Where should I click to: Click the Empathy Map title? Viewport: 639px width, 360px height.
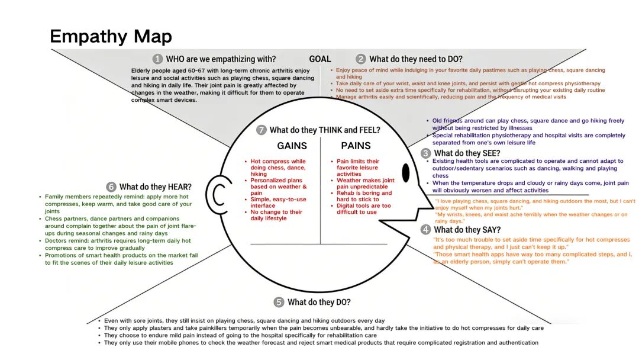click(111, 36)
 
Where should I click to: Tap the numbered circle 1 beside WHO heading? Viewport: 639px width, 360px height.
click(157, 59)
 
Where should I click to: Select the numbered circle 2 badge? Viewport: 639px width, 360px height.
click(361, 59)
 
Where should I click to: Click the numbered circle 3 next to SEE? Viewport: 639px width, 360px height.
click(425, 153)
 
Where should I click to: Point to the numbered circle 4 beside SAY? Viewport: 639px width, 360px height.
click(425, 230)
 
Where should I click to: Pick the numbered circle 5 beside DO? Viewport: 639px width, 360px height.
click(279, 302)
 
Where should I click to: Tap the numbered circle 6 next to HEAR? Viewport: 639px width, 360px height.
click(111, 187)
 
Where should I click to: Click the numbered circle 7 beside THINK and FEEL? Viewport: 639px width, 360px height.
click(262, 130)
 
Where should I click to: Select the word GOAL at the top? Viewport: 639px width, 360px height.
click(320, 59)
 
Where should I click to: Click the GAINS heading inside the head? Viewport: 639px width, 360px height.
click(292, 146)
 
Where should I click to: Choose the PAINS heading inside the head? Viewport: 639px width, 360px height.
click(356, 146)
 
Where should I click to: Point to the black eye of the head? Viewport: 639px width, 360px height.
click(405, 172)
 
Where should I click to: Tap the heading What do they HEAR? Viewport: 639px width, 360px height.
click(155, 187)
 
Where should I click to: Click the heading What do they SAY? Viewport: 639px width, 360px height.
click(467, 230)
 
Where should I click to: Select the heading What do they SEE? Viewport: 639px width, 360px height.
click(467, 153)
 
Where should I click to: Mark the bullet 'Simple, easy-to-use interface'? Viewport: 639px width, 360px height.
click(276, 202)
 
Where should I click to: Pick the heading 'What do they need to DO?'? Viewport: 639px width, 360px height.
click(416, 59)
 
